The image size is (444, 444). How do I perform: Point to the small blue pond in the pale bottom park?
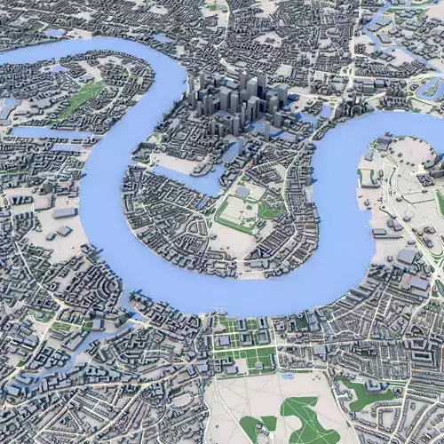pos(287,376)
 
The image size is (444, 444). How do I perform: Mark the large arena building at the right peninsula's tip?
pos(385,142)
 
